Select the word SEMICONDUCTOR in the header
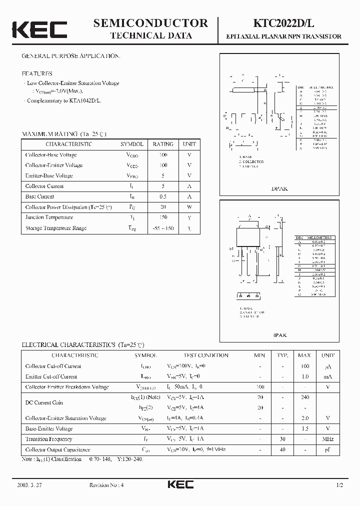click(x=150, y=23)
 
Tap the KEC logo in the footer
click(x=180, y=485)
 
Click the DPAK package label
click(x=279, y=189)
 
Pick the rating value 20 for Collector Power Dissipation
click(x=163, y=207)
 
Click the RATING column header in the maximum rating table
click(x=163, y=144)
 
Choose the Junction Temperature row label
click(x=49, y=217)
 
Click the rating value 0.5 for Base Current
click(x=163, y=196)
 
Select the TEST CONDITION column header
click(x=206, y=355)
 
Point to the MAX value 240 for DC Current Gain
click(x=305, y=397)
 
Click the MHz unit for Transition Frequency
click(x=328, y=439)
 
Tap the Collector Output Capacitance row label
click(x=57, y=449)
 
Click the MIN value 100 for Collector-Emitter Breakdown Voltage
click(x=260, y=387)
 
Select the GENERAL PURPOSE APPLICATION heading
click(x=71, y=56)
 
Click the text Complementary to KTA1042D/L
click(x=64, y=100)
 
